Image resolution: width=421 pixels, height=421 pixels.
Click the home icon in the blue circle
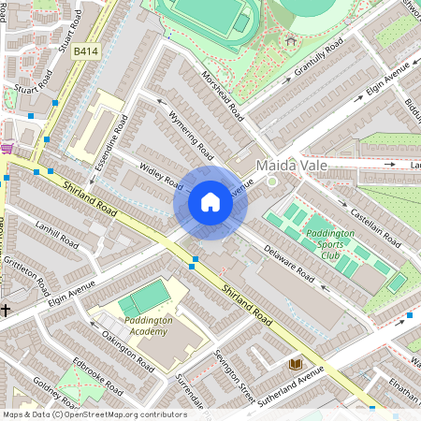coord(210,202)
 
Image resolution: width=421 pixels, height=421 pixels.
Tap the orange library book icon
coord(296,364)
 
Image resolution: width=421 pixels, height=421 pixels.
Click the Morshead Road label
coord(223,96)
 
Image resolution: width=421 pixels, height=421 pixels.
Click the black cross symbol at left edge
coord(6,309)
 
